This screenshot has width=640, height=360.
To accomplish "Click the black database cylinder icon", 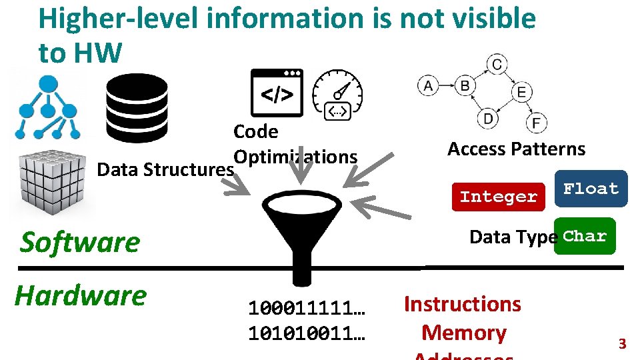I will click(137, 108).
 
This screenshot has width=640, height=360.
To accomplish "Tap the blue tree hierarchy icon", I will click(48, 107).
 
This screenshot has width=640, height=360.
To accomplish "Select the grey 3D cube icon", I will click(49, 181).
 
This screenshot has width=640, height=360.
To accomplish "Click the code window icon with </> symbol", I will click(276, 93).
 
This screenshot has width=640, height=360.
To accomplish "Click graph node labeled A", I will click(427, 85).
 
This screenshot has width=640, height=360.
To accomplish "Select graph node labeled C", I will click(497, 64).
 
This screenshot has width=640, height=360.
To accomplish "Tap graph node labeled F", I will click(536, 123).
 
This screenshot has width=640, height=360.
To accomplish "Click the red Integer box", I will click(498, 197).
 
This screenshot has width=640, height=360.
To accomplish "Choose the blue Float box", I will click(591, 189).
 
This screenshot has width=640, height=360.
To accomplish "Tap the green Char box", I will click(585, 237).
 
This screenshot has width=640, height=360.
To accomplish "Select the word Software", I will click(80, 242).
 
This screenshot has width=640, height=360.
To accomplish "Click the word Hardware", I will click(81, 295).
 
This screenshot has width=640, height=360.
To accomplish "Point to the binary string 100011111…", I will click(306, 309).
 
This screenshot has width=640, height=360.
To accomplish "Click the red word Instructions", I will click(462, 304).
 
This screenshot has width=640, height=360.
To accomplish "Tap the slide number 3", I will click(623, 344).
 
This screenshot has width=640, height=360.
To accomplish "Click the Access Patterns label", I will click(516, 149).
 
